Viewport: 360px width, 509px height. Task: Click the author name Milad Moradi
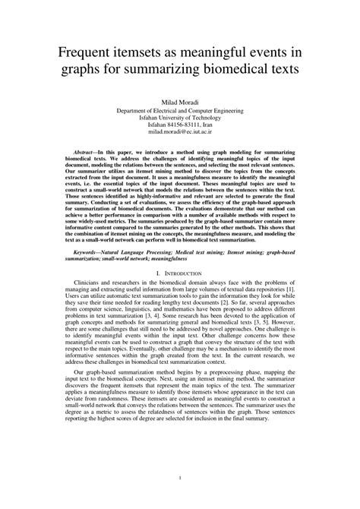180,102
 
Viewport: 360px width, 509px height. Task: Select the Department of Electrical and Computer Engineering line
180,110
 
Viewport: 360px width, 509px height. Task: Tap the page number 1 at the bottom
180,478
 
